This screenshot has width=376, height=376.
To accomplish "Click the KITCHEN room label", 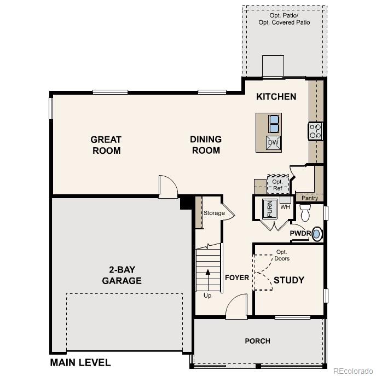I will (x=276, y=97).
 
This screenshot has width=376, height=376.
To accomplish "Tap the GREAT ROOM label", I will (x=106, y=145).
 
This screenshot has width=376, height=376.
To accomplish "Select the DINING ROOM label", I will (x=206, y=145).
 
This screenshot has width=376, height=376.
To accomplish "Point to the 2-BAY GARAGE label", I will (x=122, y=275).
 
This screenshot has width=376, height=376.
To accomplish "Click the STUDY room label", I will (x=288, y=280).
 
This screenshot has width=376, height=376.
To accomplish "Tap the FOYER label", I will (x=237, y=278).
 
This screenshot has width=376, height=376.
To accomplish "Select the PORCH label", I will (x=257, y=341).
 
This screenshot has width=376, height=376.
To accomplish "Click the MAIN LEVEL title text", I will (x=80, y=362).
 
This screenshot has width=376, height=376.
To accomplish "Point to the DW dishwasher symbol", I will (x=274, y=143).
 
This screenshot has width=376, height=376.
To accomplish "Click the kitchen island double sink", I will (x=274, y=124).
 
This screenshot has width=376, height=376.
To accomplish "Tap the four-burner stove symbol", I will (x=316, y=131).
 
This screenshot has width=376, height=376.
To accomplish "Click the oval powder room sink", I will (x=317, y=234).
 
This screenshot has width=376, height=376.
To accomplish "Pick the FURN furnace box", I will (x=269, y=209).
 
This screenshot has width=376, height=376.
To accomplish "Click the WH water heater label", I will (x=285, y=207).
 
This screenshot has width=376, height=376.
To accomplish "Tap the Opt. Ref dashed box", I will (x=277, y=184).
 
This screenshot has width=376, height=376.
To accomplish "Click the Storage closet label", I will (x=214, y=213).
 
